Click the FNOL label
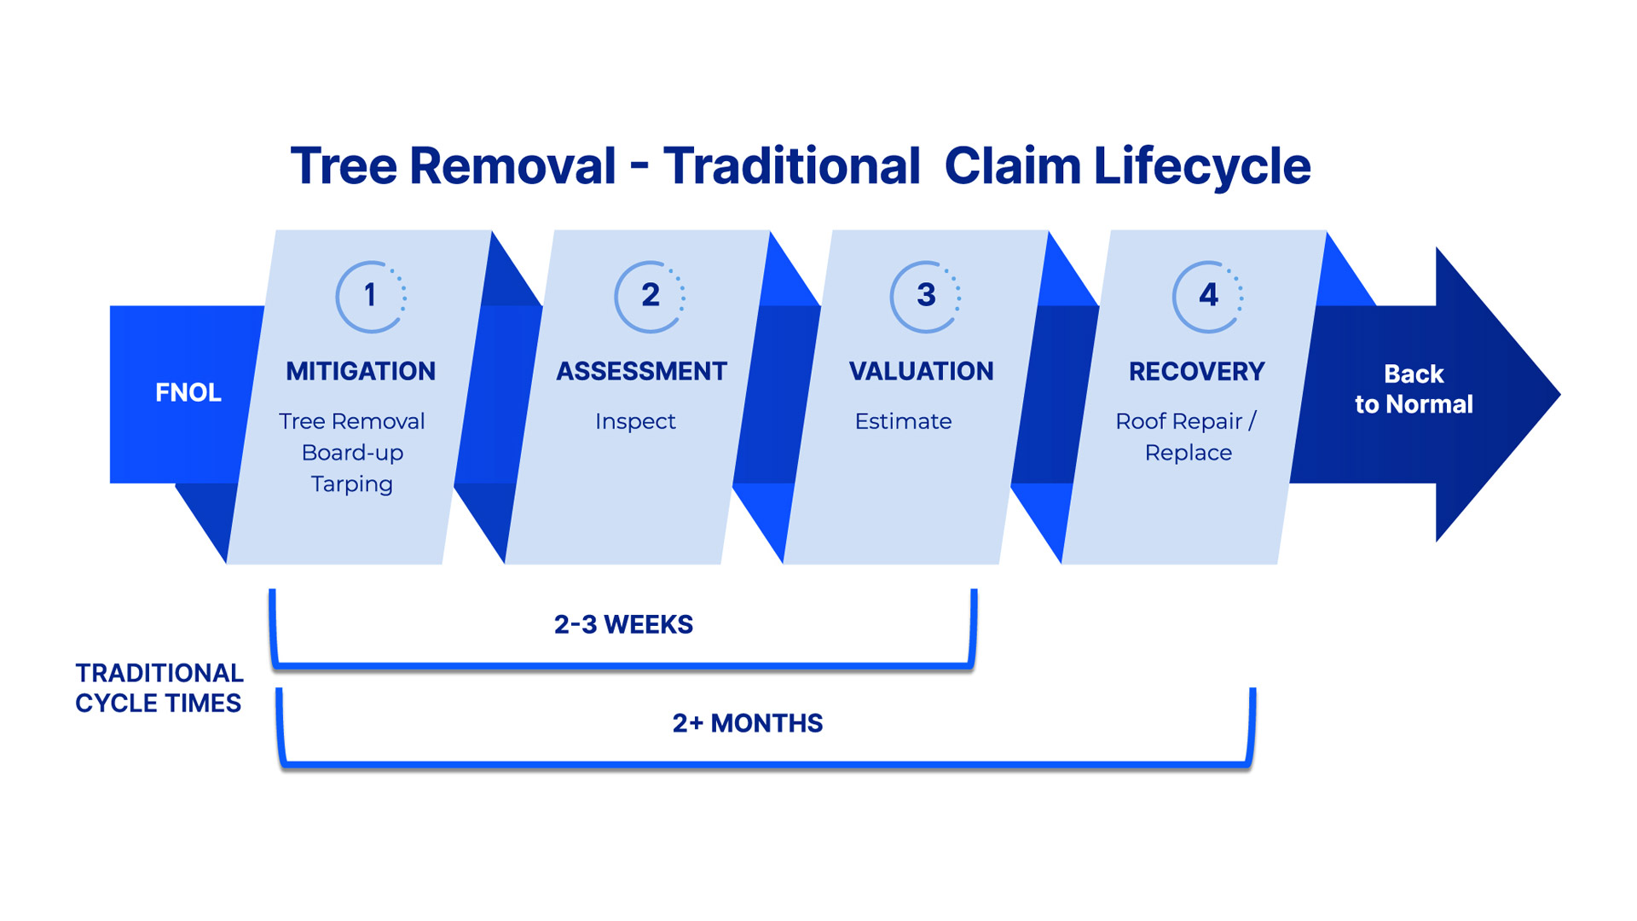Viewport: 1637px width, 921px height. pos(188,392)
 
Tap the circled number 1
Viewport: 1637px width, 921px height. pos(370,296)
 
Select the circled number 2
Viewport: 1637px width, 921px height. pos(650,296)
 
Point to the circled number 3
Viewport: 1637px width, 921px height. pos(926,296)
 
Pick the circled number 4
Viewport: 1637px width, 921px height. pos(1208,296)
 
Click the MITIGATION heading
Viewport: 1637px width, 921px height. pos(361,371)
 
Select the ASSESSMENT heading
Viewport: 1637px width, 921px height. pos(641,371)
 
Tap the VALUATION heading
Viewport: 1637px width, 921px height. pos(921,371)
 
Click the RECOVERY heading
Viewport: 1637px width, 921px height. pos(1196,372)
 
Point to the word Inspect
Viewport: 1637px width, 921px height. pos(635,421)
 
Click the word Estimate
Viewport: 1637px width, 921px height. pos(903,421)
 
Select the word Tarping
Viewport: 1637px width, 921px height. pos(351,484)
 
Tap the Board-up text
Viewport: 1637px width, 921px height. pos(352,453)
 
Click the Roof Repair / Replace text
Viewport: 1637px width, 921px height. pos(1187,437)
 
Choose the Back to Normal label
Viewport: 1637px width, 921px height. pos(1414,389)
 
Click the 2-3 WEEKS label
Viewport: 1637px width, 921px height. pos(623,624)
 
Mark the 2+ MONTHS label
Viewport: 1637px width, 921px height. pos(747,723)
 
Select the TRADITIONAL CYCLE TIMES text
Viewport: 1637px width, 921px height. pos(159,688)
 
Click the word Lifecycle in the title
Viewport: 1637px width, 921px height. pos(1202,165)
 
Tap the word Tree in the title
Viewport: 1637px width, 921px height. pos(344,165)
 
